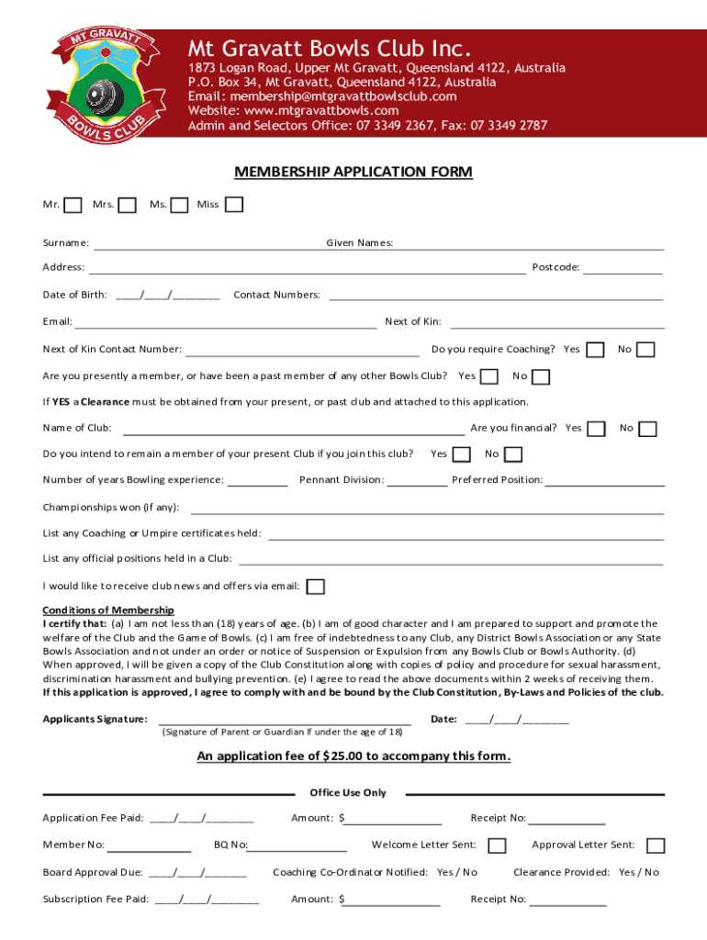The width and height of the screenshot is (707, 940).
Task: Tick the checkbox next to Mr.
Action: pyautogui.click(x=73, y=205)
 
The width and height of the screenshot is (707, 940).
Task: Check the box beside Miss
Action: pyautogui.click(x=234, y=204)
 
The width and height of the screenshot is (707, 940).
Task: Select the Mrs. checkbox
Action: pyautogui.click(x=129, y=205)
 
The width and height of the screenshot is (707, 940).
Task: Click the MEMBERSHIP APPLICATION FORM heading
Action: pyautogui.click(x=353, y=172)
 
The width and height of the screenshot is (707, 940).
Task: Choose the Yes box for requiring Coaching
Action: pyautogui.click(x=596, y=350)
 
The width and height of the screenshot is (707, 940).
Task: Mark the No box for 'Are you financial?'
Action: pyautogui.click(x=648, y=429)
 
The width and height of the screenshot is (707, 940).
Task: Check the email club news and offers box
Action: pyautogui.click(x=315, y=587)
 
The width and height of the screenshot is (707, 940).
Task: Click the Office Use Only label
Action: pyautogui.click(x=348, y=792)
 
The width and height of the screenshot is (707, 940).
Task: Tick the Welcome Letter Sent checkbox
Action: pyautogui.click(x=497, y=845)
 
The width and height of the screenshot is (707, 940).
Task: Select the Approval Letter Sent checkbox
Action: pyautogui.click(x=656, y=845)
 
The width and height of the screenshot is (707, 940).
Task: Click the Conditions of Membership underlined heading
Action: pyautogui.click(x=108, y=610)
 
